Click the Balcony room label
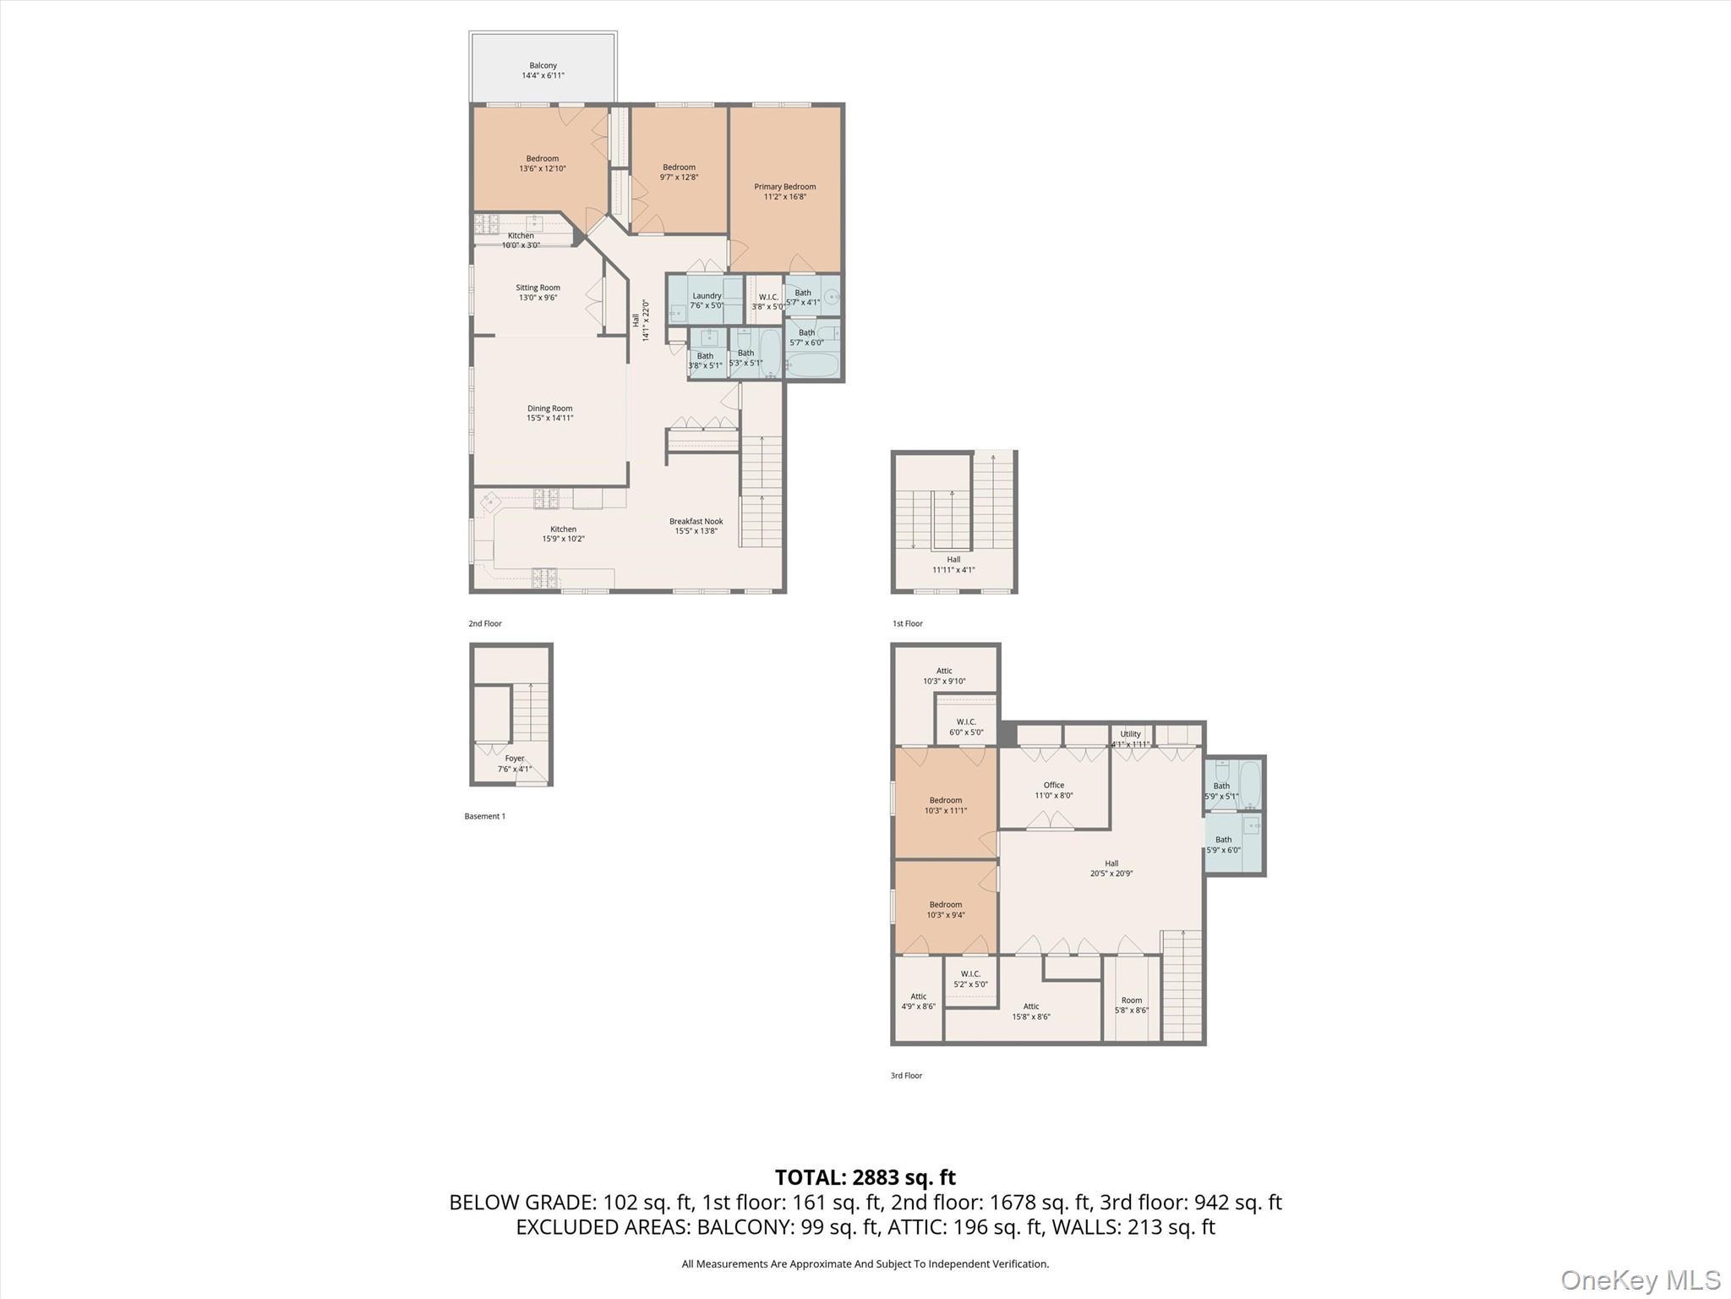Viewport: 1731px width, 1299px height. tap(543, 70)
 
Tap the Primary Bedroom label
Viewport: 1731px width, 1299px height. tap(784, 192)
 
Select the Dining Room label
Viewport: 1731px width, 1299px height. tap(549, 413)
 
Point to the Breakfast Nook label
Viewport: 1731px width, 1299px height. tap(696, 526)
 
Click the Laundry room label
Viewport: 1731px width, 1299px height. tap(707, 300)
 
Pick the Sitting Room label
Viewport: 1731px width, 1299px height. tap(538, 293)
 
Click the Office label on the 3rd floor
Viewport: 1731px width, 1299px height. tap(1053, 790)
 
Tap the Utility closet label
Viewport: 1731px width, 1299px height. tap(1130, 738)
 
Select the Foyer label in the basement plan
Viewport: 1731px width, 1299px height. tap(514, 764)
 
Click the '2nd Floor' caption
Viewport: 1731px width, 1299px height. tap(485, 623)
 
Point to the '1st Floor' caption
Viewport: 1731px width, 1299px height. tap(907, 623)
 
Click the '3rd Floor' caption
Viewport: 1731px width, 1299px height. tap(906, 1076)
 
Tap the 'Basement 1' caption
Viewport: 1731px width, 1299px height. tap(484, 816)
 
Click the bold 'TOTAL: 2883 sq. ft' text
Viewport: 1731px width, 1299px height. tap(865, 1177)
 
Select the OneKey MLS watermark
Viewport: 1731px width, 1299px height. tap(1640, 1280)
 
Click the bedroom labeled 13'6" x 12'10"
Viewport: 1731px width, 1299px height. tap(542, 163)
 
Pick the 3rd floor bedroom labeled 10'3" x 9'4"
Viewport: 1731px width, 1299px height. tap(945, 909)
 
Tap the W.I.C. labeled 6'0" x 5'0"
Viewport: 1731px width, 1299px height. tap(966, 726)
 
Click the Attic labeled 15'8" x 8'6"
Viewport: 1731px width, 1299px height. tap(1030, 1011)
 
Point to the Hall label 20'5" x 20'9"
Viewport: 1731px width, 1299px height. tap(1111, 869)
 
